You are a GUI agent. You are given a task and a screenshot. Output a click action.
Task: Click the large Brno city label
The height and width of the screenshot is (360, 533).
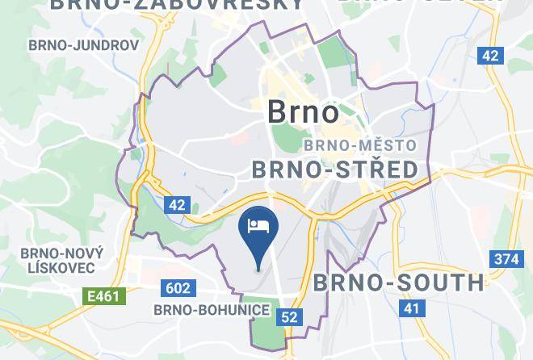tap(303, 112)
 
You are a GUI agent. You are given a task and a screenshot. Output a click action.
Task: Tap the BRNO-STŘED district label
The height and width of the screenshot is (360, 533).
tap(335, 169)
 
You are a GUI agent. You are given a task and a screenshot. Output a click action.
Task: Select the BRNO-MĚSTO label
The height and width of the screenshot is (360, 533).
tap(359, 146)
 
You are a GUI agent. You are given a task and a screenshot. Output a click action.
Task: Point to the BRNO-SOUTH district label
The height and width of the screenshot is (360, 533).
tap(398, 283)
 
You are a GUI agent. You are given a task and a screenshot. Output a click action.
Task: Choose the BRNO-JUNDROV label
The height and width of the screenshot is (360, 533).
tap(83, 45)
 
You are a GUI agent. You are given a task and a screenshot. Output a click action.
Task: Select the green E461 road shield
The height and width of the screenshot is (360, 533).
tap(104, 296)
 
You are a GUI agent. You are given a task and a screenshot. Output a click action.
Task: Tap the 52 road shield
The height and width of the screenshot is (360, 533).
tap(290, 316)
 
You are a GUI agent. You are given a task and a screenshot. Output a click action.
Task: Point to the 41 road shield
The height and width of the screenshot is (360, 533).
tap(413, 308)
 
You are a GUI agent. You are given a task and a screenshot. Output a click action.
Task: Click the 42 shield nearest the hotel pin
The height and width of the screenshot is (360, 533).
tap(178, 205)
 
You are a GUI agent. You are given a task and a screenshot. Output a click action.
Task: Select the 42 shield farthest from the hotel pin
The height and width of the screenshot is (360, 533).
tap(490, 55)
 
